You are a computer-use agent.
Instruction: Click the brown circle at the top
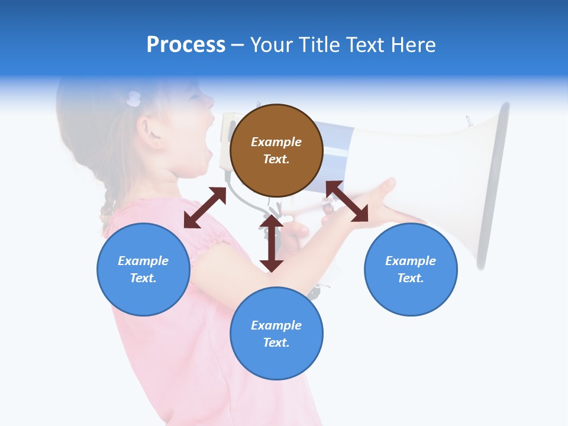point(276,150)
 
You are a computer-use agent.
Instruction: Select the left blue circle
point(143,269)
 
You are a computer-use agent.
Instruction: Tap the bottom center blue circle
point(276,334)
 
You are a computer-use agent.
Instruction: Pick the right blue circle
point(411,269)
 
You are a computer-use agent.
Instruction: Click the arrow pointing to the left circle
point(205,208)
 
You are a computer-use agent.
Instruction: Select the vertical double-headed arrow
point(272,243)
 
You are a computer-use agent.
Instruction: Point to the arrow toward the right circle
point(347,201)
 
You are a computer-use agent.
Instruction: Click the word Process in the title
point(186,44)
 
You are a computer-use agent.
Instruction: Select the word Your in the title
point(269,44)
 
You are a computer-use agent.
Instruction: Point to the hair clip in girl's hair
point(134,99)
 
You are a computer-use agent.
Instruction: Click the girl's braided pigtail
point(109,201)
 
